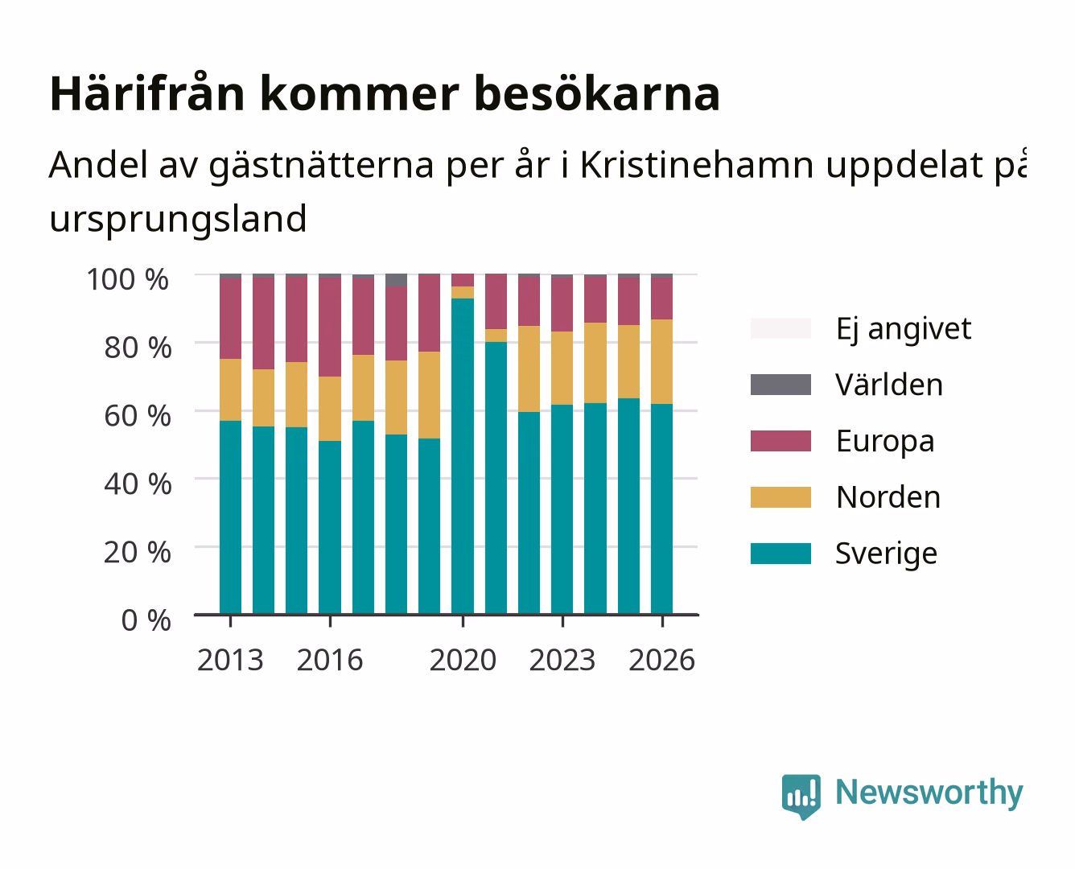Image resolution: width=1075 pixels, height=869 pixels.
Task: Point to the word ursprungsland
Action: (178, 220)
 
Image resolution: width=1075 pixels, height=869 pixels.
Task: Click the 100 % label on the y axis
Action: (128, 279)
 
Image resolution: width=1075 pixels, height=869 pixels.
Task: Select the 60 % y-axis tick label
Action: (138, 416)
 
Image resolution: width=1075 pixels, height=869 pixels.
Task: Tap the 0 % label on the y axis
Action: (146, 620)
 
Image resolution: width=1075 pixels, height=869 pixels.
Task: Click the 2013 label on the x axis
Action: (230, 660)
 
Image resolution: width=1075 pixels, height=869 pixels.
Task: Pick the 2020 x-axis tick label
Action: (463, 660)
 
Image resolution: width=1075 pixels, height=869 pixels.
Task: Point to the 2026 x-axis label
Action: (662, 660)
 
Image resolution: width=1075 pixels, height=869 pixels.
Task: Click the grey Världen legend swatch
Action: (781, 385)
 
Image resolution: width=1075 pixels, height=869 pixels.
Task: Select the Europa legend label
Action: (885, 442)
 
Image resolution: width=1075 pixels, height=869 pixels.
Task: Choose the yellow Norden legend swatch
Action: (781, 497)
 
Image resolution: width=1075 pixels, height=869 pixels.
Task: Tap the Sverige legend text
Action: (886, 554)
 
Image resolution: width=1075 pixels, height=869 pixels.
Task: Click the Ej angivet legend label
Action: (904, 329)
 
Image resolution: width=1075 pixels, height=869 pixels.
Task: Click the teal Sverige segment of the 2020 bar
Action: (463, 456)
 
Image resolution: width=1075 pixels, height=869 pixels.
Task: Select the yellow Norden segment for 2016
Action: (330, 409)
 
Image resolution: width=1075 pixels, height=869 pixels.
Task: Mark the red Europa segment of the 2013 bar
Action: (230, 319)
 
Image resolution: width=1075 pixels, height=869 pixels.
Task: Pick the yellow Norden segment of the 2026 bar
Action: (661, 362)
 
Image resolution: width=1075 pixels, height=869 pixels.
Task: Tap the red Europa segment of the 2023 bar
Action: (562, 304)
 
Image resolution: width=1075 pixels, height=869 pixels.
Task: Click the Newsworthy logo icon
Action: (801, 797)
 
